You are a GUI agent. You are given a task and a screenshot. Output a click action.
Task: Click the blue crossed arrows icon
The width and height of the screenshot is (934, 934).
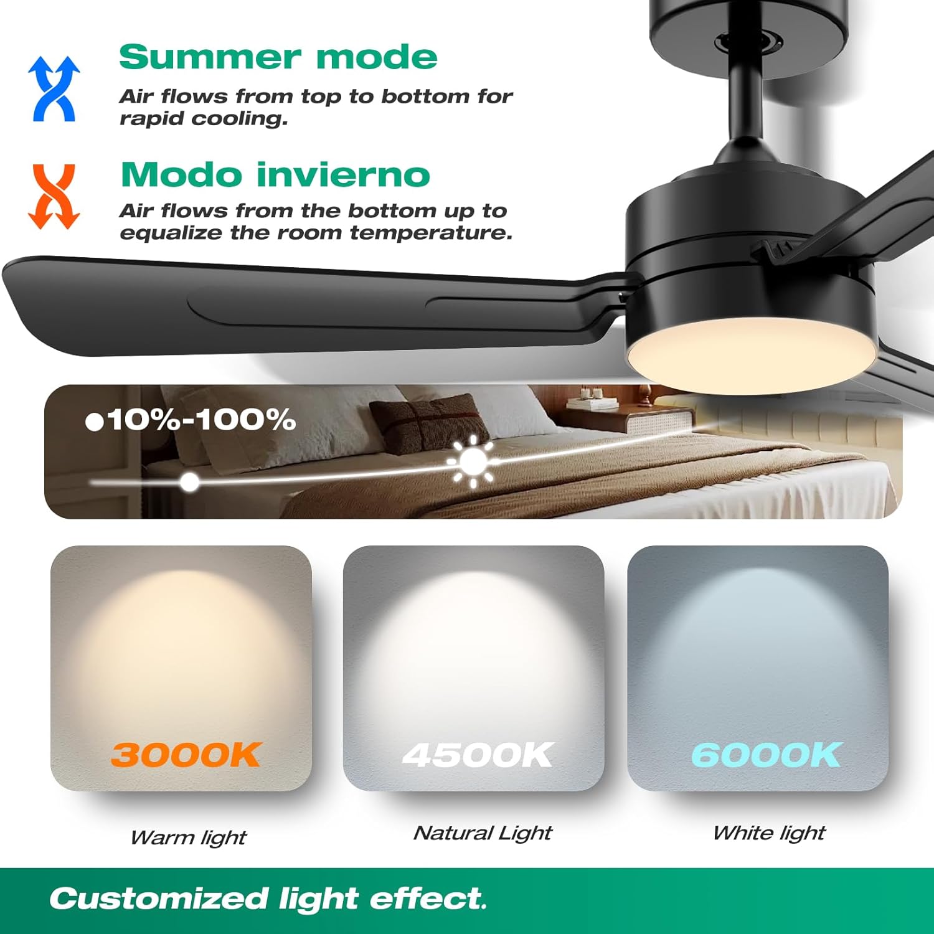click(54, 88)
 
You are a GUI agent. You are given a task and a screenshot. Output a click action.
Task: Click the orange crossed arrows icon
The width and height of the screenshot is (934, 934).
click(54, 196)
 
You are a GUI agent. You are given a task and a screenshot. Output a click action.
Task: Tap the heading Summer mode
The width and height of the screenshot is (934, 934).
click(278, 57)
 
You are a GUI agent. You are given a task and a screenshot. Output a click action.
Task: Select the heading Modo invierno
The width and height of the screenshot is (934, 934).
click(275, 174)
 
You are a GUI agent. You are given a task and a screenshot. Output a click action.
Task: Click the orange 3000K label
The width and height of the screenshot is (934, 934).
click(185, 755)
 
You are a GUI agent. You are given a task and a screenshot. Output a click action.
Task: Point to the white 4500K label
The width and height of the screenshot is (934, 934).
click(477, 755)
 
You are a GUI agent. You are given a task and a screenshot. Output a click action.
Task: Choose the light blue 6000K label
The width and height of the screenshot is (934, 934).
click(766, 755)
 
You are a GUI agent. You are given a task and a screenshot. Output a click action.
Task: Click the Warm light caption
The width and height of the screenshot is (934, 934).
click(188, 837)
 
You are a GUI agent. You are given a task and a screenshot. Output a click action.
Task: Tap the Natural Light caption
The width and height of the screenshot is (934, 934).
click(483, 833)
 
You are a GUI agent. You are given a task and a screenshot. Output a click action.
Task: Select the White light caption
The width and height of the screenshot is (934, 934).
click(769, 833)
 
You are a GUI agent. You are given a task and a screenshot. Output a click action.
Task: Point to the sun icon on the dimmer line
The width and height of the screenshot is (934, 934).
click(473, 461)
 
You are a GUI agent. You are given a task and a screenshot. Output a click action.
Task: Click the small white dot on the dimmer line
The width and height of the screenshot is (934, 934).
click(190, 481)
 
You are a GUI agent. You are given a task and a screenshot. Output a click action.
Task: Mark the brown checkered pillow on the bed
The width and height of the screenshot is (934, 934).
click(430, 423)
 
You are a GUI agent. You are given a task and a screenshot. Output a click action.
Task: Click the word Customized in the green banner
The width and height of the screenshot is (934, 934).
click(159, 899)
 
